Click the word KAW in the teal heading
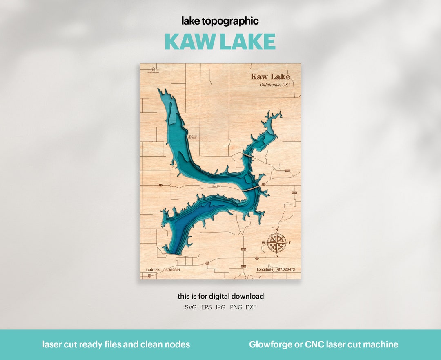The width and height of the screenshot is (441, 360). [x=189, y=42]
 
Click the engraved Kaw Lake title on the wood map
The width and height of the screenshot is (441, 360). [x=270, y=76]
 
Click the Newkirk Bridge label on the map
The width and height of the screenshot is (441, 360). [x=153, y=72]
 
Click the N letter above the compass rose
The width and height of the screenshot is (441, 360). [x=276, y=230]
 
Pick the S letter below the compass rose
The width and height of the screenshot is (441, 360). [x=276, y=256]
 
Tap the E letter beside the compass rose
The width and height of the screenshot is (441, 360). [x=290, y=243]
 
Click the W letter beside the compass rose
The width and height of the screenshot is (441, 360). [x=263, y=243]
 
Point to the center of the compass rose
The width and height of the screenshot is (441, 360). [x=276, y=243]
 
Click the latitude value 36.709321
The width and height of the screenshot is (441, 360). [x=172, y=270]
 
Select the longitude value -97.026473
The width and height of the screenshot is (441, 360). [x=286, y=270]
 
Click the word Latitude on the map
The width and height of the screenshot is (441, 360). [x=153, y=270]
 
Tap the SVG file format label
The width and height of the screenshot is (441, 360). [x=191, y=307]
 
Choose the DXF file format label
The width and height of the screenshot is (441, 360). [x=251, y=307]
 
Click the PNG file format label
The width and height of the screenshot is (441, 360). [x=236, y=307]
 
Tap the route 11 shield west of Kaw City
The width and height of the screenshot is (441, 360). [x=161, y=185]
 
